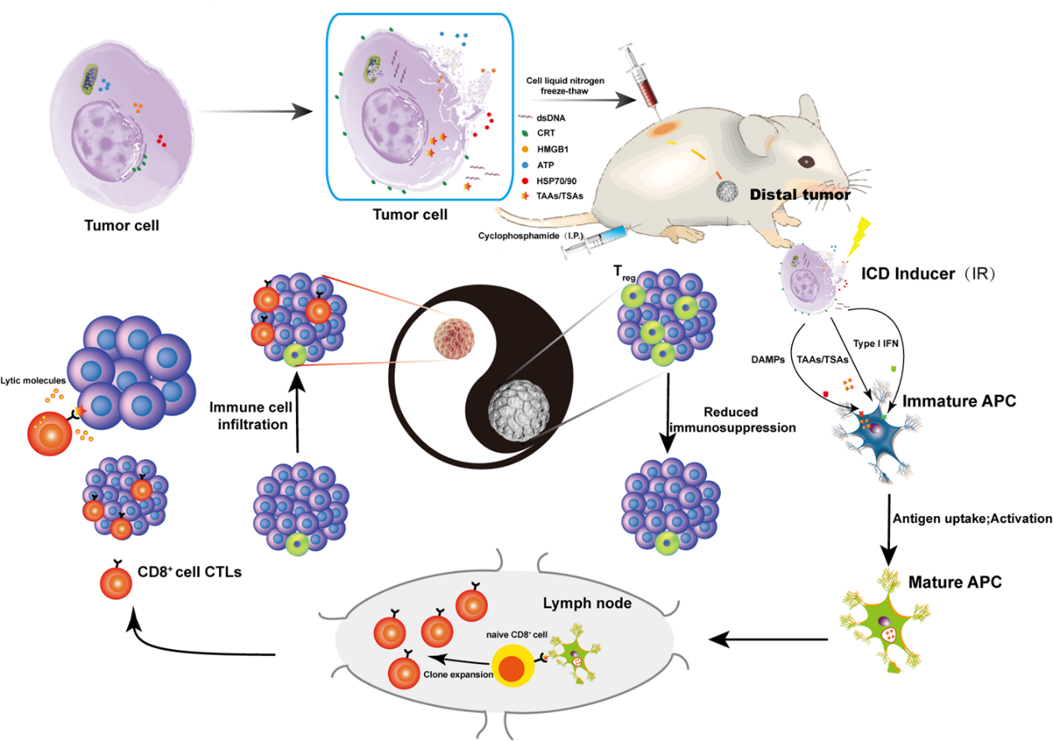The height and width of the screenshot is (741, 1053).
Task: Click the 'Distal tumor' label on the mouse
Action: (800, 195)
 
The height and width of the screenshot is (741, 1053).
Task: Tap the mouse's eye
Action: (807, 161)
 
